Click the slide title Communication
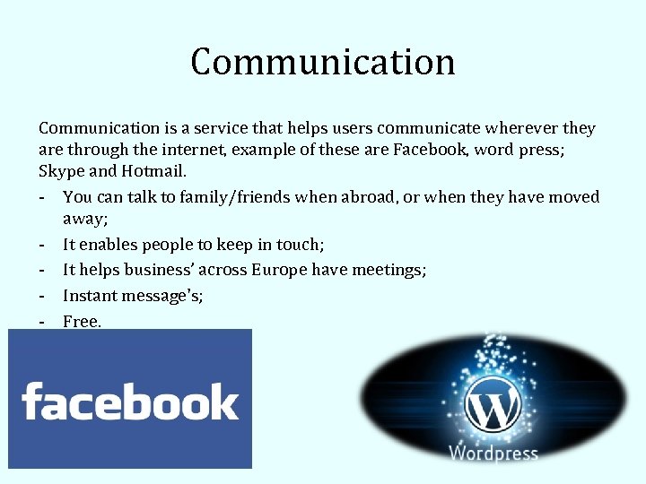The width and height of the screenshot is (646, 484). pos(323,62)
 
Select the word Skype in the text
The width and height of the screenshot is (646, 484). pos(61,171)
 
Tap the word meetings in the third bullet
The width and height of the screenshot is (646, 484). pos(391,270)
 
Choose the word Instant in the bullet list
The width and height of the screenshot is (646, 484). pos(90,295)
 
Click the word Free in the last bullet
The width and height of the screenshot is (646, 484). pos(80,320)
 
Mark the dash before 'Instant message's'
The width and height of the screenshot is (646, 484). pos(42,295)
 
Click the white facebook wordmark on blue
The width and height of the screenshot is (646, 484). pos(130,402)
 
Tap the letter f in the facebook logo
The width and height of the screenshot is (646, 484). pos(31,401)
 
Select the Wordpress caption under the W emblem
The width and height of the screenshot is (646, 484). pos(493,454)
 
